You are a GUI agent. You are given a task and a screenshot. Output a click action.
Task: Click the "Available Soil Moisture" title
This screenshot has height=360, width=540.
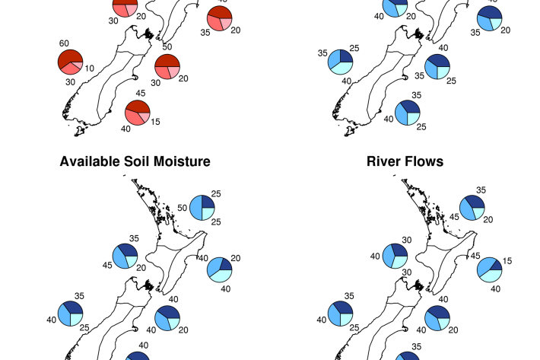[135, 161]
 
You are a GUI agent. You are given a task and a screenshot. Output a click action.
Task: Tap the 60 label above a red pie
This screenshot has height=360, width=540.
[64, 44]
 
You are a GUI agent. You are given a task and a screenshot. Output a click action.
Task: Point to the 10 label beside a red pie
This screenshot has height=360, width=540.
[89, 68]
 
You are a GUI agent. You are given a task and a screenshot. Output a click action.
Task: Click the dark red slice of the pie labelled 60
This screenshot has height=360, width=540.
[71, 57]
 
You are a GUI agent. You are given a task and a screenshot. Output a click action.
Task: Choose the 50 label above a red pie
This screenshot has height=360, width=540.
[167, 47]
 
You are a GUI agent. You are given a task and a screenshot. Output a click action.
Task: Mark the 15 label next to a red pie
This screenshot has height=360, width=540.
[155, 122]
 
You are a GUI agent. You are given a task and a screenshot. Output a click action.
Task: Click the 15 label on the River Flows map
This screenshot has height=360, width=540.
[507, 261]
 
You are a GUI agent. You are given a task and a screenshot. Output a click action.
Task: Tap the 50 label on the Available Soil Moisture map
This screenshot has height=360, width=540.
[182, 207]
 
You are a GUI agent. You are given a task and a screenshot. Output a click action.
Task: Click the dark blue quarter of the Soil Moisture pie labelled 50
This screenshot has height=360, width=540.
[207, 201]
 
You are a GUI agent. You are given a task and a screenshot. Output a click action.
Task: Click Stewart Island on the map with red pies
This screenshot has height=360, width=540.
[79, 132]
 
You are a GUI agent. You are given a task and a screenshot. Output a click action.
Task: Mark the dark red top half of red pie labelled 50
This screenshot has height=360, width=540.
[167, 60]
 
